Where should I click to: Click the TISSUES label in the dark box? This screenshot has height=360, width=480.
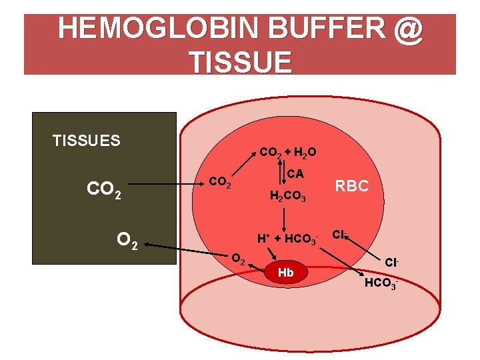[87, 141]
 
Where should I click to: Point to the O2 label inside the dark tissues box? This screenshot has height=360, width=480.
[127, 239]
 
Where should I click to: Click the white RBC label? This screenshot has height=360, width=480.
[351, 187]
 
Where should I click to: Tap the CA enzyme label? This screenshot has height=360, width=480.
[295, 174]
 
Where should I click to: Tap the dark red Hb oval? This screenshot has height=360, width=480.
[285, 273]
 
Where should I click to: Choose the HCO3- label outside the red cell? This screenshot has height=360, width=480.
[381, 285]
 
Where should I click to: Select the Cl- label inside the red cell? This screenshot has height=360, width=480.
[339, 235]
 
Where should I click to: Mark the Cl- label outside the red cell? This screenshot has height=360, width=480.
[391, 262]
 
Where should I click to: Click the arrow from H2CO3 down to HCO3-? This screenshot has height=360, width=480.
[285, 217]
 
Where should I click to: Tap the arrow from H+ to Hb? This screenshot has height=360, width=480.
[273, 254]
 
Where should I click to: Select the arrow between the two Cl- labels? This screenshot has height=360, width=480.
[360, 255]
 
